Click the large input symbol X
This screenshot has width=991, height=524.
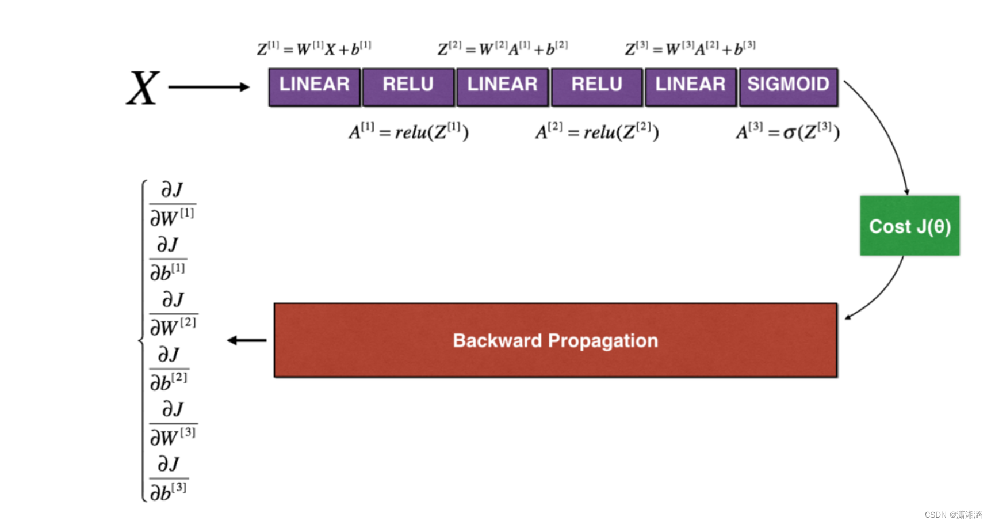(x=143, y=88)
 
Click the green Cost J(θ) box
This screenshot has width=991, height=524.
(x=909, y=226)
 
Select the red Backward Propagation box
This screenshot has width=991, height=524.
(x=555, y=340)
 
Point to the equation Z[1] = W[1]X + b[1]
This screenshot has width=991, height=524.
(x=314, y=48)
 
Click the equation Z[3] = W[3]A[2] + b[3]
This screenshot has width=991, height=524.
(x=690, y=48)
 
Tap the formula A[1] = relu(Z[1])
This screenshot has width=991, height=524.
(x=408, y=132)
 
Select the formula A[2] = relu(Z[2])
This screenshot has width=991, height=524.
(x=596, y=132)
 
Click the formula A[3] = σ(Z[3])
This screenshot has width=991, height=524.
(x=787, y=132)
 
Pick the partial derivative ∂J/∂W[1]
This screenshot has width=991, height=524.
(x=172, y=204)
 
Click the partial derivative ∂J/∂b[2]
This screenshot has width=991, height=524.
(x=169, y=369)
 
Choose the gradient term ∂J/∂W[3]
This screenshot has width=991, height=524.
(x=173, y=423)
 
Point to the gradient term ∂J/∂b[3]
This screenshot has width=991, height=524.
(x=169, y=478)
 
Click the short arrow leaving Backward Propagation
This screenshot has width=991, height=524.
(x=247, y=340)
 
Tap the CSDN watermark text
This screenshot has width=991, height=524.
(x=953, y=514)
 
